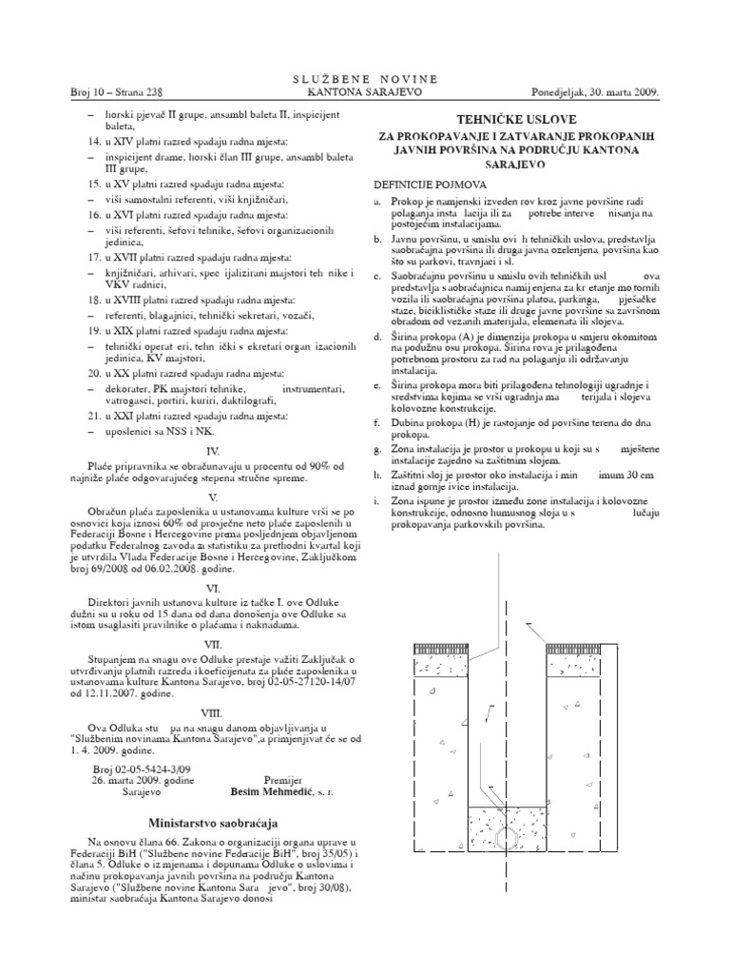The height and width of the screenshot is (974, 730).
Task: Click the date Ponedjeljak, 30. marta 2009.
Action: point(600,92)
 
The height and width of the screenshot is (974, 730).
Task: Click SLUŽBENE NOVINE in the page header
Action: point(364,79)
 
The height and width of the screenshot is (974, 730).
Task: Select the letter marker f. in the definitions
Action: point(377,419)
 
